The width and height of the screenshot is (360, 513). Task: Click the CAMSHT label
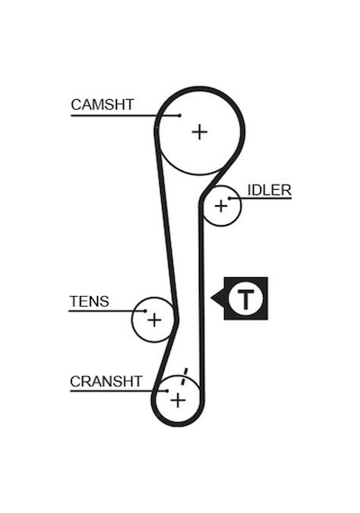click(x=103, y=104)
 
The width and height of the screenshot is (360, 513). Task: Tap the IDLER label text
click(x=269, y=190)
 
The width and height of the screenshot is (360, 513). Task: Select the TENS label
click(x=89, y=301)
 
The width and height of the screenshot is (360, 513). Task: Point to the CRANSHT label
click(x=106, y=382)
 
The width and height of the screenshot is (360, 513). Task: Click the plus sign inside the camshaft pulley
click(x=199, y=132)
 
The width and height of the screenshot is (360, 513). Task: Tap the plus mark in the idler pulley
click(x=220, y=206)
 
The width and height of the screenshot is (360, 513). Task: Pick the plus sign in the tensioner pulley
click(x=154, y=319)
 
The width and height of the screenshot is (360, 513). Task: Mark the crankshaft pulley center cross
click(x=177, y=400)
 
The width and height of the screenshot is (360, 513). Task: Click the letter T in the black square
click(x=245, y=300)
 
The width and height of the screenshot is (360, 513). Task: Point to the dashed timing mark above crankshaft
click(x=184, y=376)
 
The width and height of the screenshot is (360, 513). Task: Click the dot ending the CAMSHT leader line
click(x=179, y=115)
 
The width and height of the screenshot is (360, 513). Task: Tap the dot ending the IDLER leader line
click(x=229, y=198)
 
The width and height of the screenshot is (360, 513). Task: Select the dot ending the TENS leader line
click(x=145, y=310)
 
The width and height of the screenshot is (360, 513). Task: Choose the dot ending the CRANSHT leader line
click(x=166, y=391)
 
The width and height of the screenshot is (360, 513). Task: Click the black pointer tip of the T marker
click(x=211, y=298)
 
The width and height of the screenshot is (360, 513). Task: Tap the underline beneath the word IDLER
click(x=260, y=198)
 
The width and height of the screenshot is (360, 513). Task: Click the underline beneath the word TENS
click(x=107, y=310)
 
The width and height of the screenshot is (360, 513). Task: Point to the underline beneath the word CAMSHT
click(x=125, y=115)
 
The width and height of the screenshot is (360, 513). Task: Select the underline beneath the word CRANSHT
click(x=119, y=391)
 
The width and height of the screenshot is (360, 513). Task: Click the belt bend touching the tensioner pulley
click(x=176, y=319)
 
